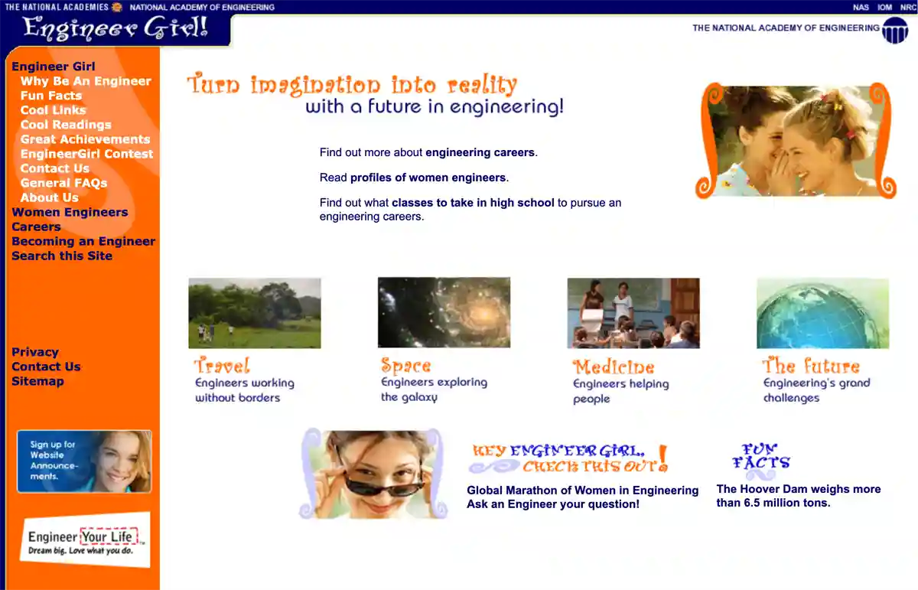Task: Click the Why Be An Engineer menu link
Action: tap(86, 81)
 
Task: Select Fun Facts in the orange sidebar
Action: tap(50, 96)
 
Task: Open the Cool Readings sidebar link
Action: tap(66, 125)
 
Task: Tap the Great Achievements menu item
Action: tap(85, 139)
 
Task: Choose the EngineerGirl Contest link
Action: tap(86, 154)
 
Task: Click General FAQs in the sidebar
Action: tap(63, 183)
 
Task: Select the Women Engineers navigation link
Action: tap(70, 212)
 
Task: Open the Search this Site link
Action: tap(62, 256)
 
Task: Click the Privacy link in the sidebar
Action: tap(35, 352)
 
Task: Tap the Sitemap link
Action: tap(37, 381)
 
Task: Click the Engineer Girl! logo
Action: tap(116, 29)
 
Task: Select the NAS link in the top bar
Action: tap(861, 7)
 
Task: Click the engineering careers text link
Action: tap(480, 152)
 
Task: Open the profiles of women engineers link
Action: tap(428, 178)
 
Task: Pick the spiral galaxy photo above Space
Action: tap(444, 312)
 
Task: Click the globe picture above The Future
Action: tap(822, 313)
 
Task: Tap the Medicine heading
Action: tap(614, 367)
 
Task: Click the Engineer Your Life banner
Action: tap(85, 539)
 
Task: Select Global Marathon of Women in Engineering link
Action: tap(582, 491)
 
